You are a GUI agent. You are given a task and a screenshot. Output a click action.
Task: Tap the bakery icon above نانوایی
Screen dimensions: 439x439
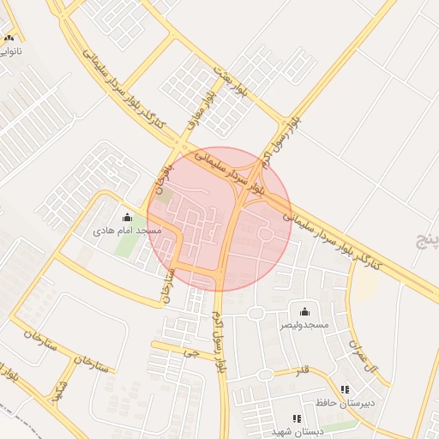pyautogui.click(x=9, y=38)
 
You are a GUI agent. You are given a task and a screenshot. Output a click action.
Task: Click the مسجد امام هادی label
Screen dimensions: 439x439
pyautogui.click(x=128, y=232)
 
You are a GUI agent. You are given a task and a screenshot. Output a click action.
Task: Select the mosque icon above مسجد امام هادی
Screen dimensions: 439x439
pyautogui.click(x=128, y=218)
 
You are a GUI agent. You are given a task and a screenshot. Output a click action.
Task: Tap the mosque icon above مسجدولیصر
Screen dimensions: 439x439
pyautogui.click(x=304, y=311)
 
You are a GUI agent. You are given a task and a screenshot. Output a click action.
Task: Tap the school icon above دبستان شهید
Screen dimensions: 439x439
pyautogui.click(x=297, y=418)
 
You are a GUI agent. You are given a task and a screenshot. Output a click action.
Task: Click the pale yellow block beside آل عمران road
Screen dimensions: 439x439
pyautogui.click(x=365, y=286)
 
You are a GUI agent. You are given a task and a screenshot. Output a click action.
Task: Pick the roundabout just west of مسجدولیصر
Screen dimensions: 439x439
pyautogui.click(x=255, y=314)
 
